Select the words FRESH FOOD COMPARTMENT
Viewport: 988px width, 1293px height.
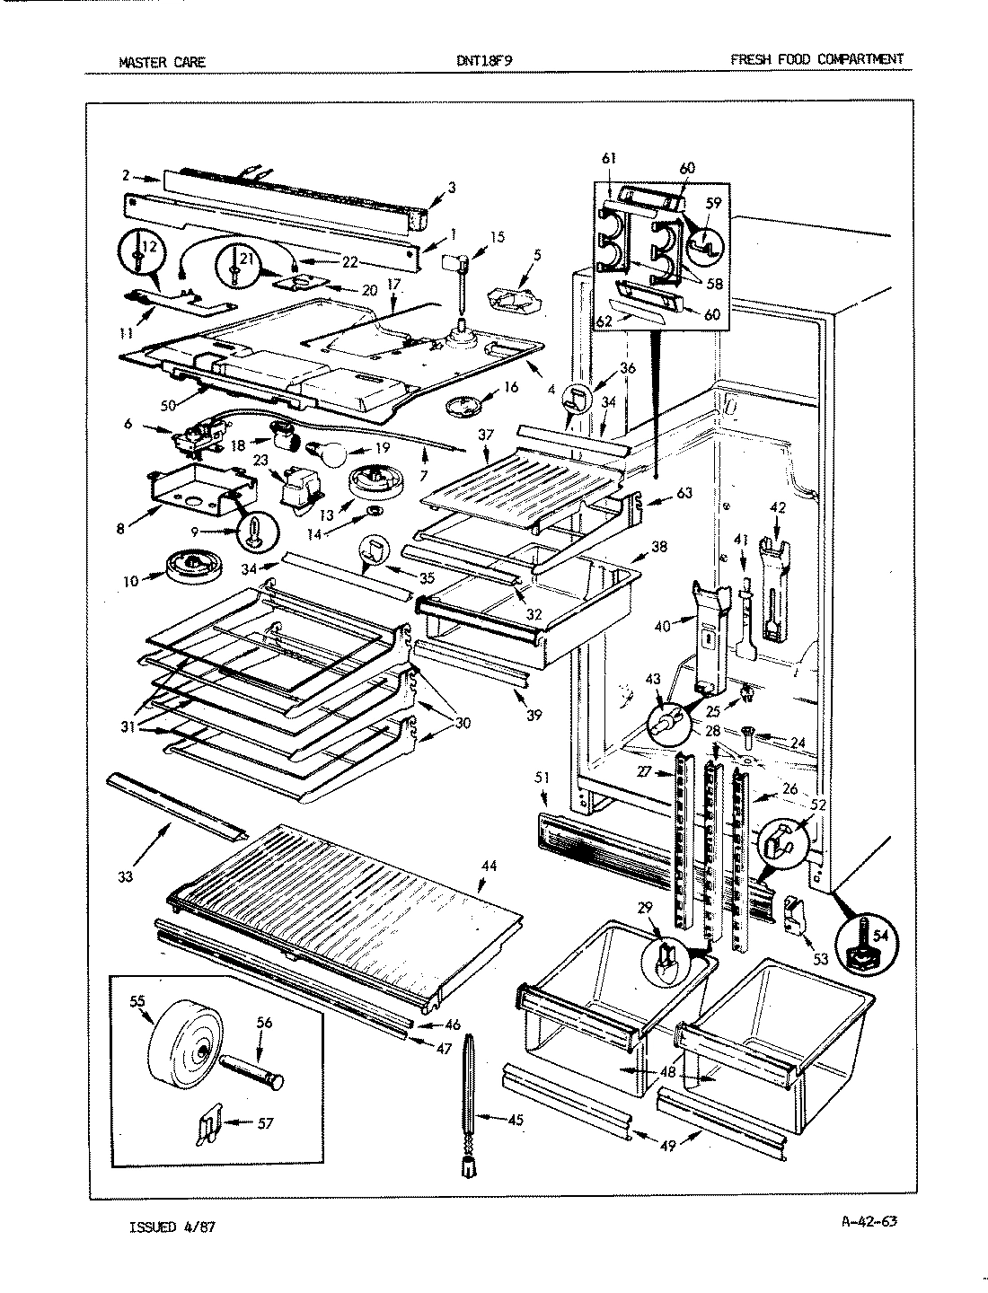click(816, 60)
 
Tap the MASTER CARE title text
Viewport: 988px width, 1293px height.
click(162, 62)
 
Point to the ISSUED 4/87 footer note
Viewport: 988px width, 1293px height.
click(172, 1225)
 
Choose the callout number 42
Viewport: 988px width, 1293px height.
click(778, 507)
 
